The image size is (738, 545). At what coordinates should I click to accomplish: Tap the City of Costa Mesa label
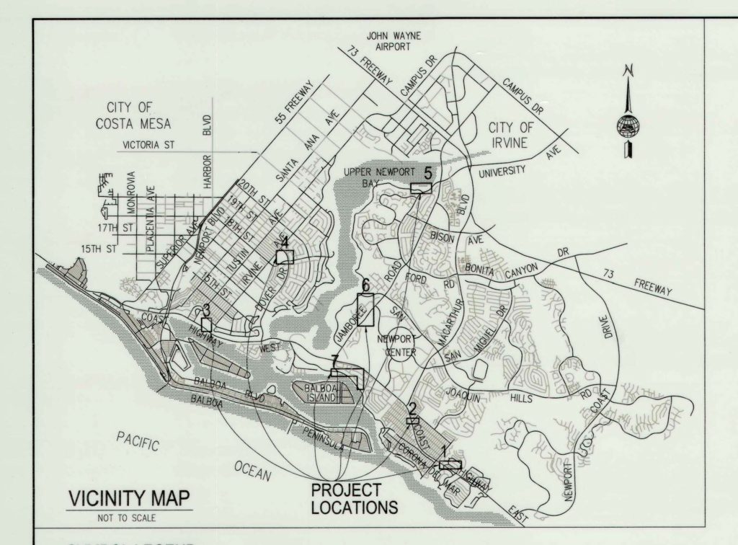[x=133, y=115]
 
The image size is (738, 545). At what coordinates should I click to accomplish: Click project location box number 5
[x=420, y=187]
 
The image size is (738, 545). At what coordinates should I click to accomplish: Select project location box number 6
[x=366, y=310]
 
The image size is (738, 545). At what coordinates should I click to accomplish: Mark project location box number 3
[x=207, y=324]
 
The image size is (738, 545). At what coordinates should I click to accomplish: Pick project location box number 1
[x=450, y=464]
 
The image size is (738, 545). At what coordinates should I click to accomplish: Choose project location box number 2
[x=412, y=420]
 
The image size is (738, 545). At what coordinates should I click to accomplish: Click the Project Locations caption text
[x=354, y=499]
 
